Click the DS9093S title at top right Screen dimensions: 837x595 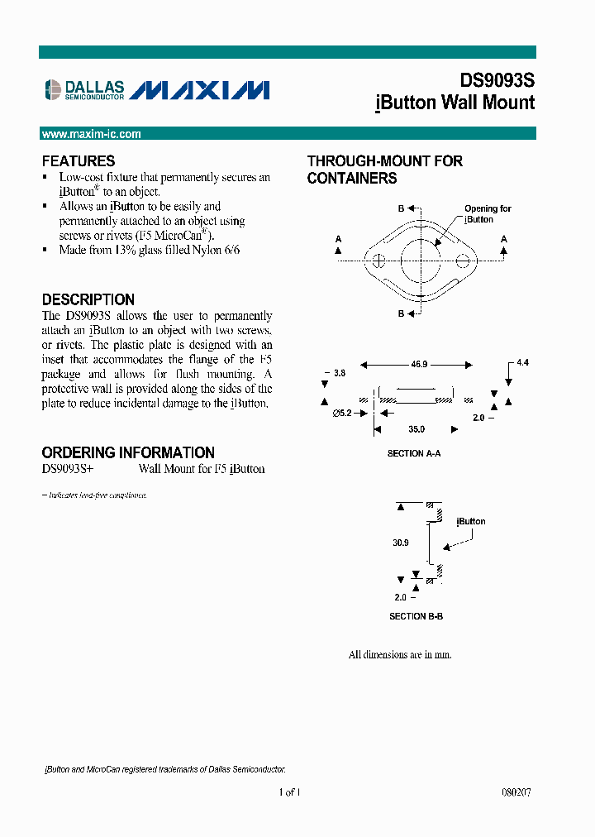(497, 80)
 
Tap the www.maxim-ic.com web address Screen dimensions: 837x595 (91, 134)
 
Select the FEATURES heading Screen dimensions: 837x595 (79, 161)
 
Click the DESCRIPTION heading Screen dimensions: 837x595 (88, 299)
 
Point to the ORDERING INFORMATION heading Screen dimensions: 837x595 (128, 452)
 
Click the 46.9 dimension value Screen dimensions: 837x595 (417, 364)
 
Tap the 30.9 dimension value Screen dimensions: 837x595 (401, 543)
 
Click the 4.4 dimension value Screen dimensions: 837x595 (522, 363)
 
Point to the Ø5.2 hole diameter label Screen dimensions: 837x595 (343, 414)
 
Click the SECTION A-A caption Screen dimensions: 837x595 (414, 454)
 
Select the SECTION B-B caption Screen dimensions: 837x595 (416, 617)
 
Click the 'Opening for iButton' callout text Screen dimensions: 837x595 (487, 214)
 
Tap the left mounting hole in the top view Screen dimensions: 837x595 (378, 262)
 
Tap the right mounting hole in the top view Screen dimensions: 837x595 (464, 262)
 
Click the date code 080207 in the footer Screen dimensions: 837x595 (516, 792)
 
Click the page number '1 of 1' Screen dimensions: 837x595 (289, 792)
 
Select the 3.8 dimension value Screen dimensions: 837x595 (339, 374)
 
